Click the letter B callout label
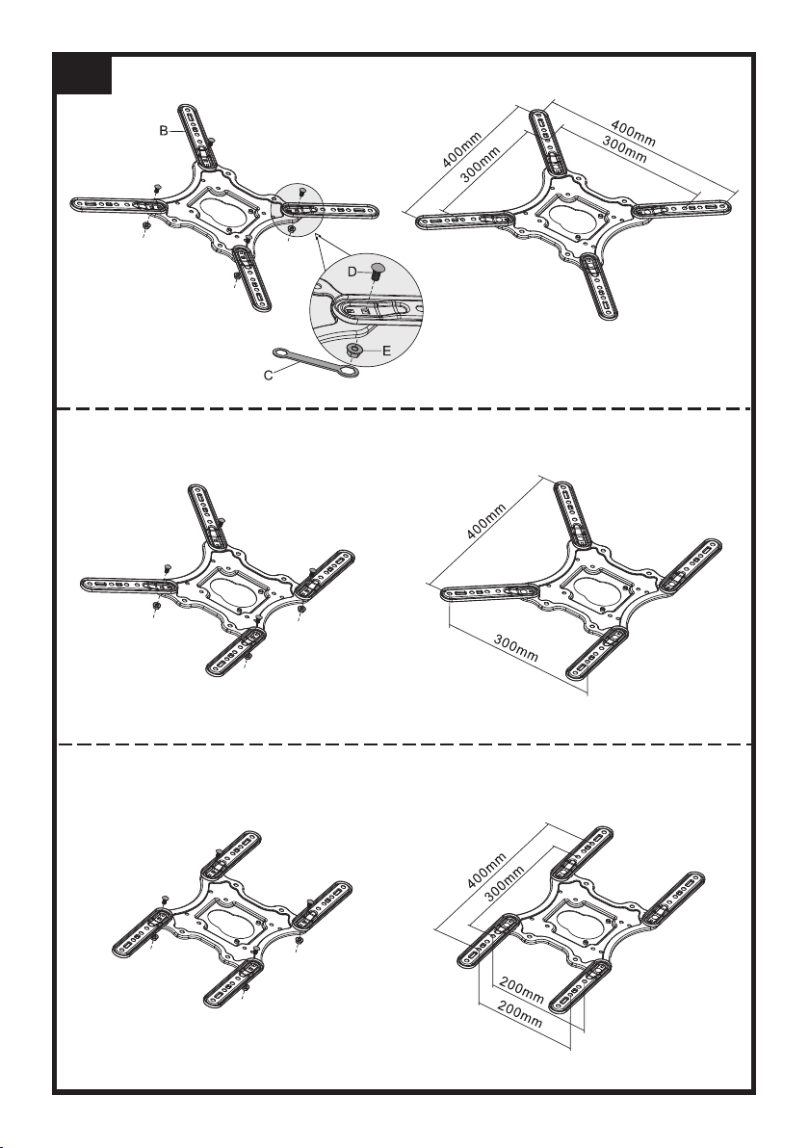click(164, 127)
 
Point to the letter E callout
click(385, 352)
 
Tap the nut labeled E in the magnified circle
click(355, 349)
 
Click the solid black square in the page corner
click(84, 74)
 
